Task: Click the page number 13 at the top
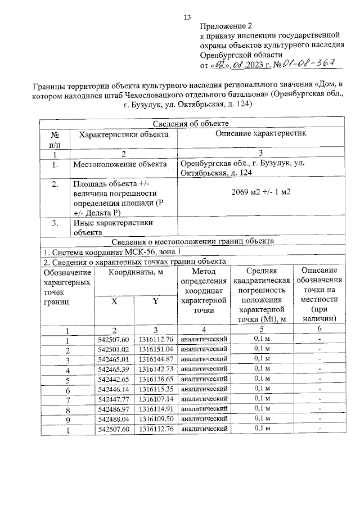coord(188,17)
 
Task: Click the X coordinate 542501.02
coord(114,349)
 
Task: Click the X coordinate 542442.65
coord(114,380)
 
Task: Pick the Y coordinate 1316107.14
coord(155,399)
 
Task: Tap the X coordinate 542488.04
coord(114,419)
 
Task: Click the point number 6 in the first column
coord(67,390)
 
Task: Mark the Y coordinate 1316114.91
coord(155,409)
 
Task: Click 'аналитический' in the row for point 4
coord(203,369)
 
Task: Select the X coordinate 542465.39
coord(114,369)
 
